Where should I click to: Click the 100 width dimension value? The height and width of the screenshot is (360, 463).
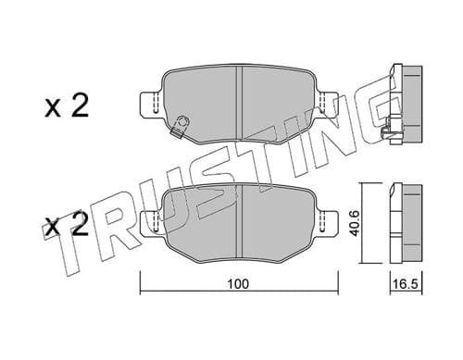238,284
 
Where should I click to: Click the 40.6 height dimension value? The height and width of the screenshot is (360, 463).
355,223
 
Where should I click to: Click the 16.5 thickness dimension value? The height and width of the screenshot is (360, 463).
407,284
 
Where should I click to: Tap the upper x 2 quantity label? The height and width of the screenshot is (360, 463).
67,106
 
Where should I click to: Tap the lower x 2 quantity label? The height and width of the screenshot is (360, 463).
66,225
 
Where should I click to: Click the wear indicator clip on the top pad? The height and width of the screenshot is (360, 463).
180,126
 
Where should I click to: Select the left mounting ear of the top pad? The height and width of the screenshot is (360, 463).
151,104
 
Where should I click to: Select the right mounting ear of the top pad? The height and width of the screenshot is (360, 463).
328,104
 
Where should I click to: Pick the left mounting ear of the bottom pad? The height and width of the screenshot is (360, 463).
151,223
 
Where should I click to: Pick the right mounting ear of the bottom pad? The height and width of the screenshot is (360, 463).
328,223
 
